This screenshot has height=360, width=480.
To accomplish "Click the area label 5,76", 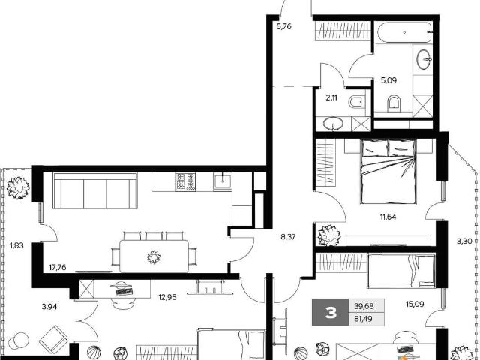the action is coord(283,27).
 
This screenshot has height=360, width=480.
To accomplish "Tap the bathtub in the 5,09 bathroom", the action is coord(404,32).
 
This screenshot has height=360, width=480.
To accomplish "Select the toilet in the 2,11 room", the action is coord(357,102).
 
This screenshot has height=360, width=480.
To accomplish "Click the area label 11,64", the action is coord(388,217).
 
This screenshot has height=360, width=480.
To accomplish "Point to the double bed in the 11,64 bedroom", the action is coord(388,172).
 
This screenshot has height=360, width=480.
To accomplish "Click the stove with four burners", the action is coord(185,181).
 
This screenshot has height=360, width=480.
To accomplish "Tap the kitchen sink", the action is coord(223,181).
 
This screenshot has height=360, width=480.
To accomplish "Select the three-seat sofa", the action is coord(95,190).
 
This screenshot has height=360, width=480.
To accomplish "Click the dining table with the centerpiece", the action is coord(154,256).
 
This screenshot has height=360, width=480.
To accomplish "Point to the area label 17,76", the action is coord(57,268).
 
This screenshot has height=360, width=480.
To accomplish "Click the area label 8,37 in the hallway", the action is coord(288,237).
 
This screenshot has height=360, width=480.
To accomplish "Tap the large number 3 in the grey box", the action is coord(331,313).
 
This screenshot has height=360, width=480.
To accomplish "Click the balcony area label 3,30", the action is coord(463,241).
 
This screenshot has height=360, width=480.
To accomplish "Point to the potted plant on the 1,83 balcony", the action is coord(18,188).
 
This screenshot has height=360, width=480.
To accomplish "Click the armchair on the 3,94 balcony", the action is coord(53,339).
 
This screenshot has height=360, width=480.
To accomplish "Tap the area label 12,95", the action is coord(167,297).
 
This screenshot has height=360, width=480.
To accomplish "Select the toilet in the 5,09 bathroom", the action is coord(393,103).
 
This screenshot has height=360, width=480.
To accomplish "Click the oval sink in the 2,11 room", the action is coord(333,124).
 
